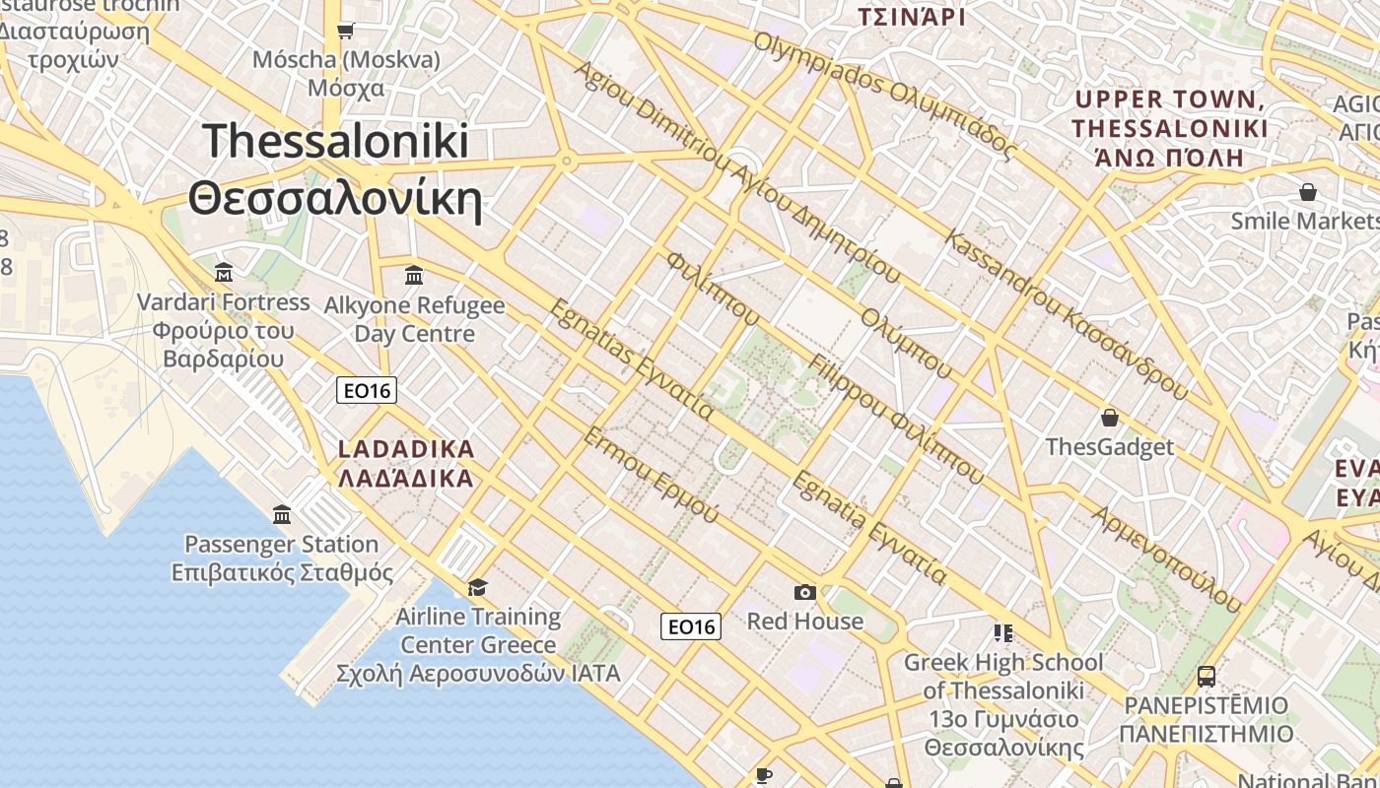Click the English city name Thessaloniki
pyautogui.click(x=336, y=141)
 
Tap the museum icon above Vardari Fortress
pyautogui.click(x=224, y=272)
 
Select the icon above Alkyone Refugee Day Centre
pyautogui.click(x=414, y=275)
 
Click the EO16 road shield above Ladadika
pyautogui.click(x=366, y=391)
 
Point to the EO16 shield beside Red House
pyautogui.click(x=691, y=626)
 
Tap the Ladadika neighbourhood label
pyautogui.click(x=406, y=449)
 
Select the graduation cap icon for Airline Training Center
pyautogui.click(x=477, y=588)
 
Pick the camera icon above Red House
pyautogui.click(x=805, y=592)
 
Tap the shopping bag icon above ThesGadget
pyautogui.click(x=1110, y=418)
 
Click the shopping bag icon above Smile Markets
pyautogui.click(x=1308, y=191)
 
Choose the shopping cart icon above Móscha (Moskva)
pyautogui.click(x=345, y=31)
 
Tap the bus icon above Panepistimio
pyautogui.click(x=1207, y=676)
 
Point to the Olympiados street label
pyautogui.click(x=884, y=95)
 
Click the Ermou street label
pyautogui.click(x=650, y=475)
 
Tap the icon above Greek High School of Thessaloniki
pyautogui.click(x=1003, y=632)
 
